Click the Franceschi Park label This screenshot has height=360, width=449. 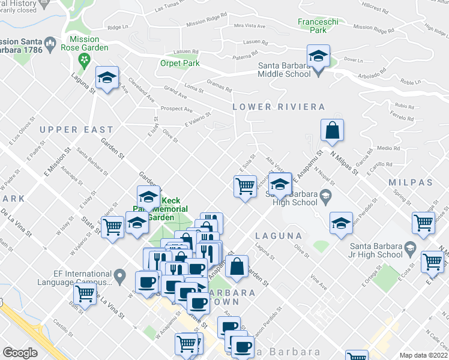tap(312, 25)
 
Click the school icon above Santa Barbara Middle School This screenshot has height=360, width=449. tap(318, 58)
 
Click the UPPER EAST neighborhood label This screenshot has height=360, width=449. tap(76, 130)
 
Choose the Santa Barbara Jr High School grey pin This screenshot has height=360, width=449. tap(410, 247)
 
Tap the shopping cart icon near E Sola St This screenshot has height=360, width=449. tap(245, 186)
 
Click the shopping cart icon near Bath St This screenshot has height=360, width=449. tap(85, 295)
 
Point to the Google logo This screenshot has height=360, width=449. tap(20, 352)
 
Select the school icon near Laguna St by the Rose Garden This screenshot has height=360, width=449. tap(107, 78)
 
